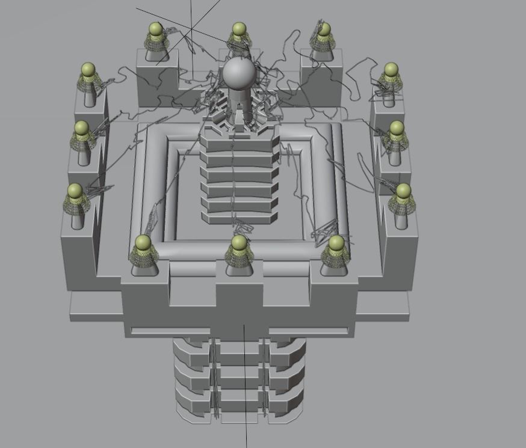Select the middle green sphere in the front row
240,243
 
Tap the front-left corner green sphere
143,243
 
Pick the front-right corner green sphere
336,243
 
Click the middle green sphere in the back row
239,29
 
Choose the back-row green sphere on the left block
155,29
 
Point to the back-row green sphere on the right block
324,29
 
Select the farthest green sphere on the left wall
88,70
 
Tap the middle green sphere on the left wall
81,128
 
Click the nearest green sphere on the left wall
75,191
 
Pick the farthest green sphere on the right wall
391,70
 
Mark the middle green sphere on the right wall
397,128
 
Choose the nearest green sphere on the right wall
403,191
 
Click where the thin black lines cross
191,29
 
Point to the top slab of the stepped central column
240,140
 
